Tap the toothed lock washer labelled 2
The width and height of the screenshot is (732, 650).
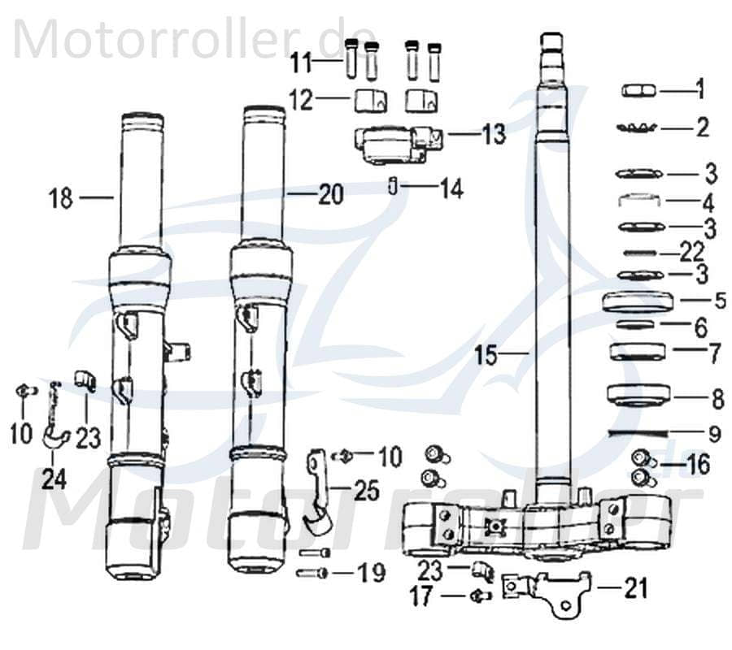[638, 128]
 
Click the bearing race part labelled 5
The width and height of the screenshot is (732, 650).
[639, 302]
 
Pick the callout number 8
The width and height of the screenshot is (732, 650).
[717, 399]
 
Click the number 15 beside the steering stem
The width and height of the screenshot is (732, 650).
[490, 354]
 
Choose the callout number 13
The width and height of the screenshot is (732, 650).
[492, 134]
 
